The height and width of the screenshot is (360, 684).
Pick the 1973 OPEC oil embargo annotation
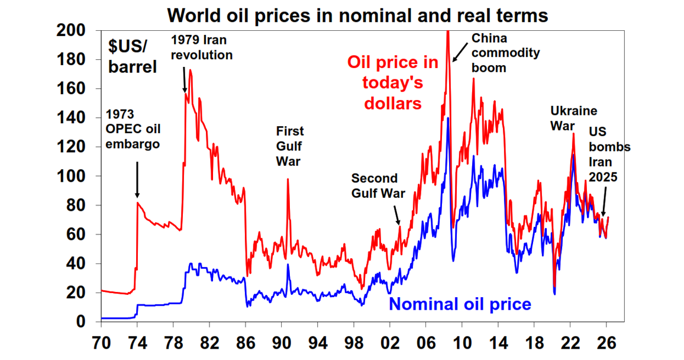pyautogui.click(x=134, y=128)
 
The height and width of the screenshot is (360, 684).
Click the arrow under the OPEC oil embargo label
pyautogui.click(x=137, y=181)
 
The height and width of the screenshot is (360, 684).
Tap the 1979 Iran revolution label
pyautogui.click(x=202, y=47)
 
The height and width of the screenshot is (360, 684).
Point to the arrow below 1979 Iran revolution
pyautogui.click(x=185, y=79)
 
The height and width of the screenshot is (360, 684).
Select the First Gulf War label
pyautogui.click(x=290, y=146)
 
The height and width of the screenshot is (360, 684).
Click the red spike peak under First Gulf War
pyautogui.click(x=288, y=179)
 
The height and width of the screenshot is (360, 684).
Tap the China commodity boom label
pyautogui.click(x=497, y=53)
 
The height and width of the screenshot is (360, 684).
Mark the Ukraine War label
pyautogui.click(x=573, y=118)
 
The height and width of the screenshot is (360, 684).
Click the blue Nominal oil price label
pyautogui.click(x=460, y=304)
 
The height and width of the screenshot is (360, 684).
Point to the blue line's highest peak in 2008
pyautogui.click(x=448, y=118)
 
